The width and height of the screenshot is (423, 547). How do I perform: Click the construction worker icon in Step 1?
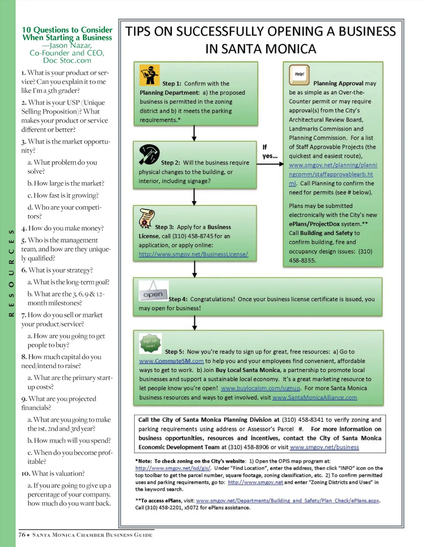click(x=149, y=75)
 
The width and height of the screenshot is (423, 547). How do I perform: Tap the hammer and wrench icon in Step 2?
click(x=149, y=154)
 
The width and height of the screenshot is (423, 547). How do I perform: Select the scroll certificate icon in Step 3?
click(x=146, y=218)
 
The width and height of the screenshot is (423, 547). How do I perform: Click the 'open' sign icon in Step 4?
click(x=153, y=292)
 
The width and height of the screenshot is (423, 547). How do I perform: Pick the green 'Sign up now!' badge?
click(x=150, y=343)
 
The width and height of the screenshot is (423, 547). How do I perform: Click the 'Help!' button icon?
click(x=299, y=74)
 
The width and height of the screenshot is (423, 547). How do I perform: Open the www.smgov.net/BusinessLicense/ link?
click(x=193, y=254)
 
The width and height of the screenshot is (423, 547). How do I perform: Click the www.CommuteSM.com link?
click(x=171, y=361)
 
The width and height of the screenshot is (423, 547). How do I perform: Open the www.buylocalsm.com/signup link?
click(x=260, y=388)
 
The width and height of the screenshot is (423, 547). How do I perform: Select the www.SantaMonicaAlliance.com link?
click(x=315, y=398)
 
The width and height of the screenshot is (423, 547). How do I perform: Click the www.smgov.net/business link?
click(x=324, y=447)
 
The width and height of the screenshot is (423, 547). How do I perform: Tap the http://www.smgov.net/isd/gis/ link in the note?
click(x=173, y=468)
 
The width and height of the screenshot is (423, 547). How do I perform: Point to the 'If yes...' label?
click(x=269, y=152)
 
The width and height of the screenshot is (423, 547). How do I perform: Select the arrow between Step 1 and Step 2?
click(x=194, y=133)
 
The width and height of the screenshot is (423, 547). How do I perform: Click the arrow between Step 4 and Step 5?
click(x=194, y=322)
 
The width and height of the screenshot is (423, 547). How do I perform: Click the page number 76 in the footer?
click(x=22, y=535)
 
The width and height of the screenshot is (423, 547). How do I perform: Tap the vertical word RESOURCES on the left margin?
click(x=11, y=273)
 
